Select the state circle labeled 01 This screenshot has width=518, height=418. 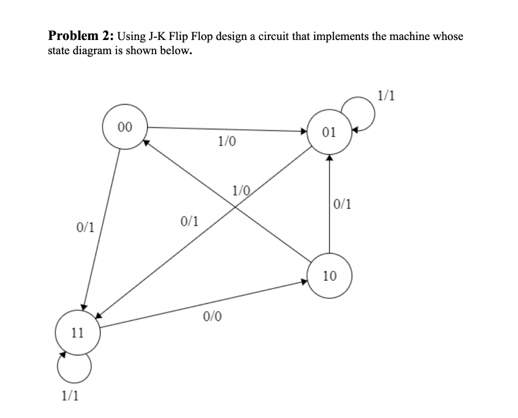(329, 132)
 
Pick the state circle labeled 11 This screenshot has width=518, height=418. (77, 332)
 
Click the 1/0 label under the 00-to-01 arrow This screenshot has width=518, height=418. (226, 142)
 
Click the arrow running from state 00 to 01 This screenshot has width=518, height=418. (228, 129)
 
